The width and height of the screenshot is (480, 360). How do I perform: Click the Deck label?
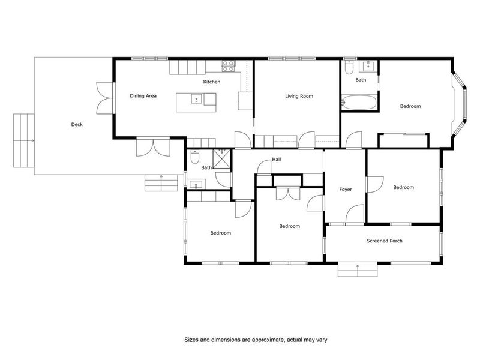(x=77, y=124)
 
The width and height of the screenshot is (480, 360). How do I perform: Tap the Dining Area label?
(x=143, y=96)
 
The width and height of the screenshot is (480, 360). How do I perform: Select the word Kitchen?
(x=212, y=82)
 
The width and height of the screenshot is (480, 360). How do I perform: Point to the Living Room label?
(x=299, y=96)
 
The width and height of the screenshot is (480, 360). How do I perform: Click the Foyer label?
(x=346, y=190)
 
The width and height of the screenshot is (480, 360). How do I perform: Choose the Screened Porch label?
(x=385, y=241)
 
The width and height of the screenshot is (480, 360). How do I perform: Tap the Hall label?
(x=277, y=159)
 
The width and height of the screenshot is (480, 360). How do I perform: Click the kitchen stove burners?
(x=229, y=66)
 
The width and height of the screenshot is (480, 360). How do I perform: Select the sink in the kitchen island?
(x=196, y=99)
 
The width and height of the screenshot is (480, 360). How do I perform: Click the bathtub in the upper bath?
(x=359, y=102)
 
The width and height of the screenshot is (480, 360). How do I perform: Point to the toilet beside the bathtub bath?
(x=349, y=67)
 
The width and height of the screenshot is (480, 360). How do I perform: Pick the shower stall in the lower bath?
(x=221, y=159)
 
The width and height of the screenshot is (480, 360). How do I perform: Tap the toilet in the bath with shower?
(x=194, y=157)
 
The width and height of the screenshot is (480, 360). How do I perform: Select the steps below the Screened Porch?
(x=358, y=269)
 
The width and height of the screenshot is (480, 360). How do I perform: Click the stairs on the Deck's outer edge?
(x=23, y=140)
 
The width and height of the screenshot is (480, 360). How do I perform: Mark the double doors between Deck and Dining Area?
(x=105, y=98)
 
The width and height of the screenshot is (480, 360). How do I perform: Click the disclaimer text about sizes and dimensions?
(x=256, y=340)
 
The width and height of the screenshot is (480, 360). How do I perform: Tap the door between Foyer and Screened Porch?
(x=355, y=215)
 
